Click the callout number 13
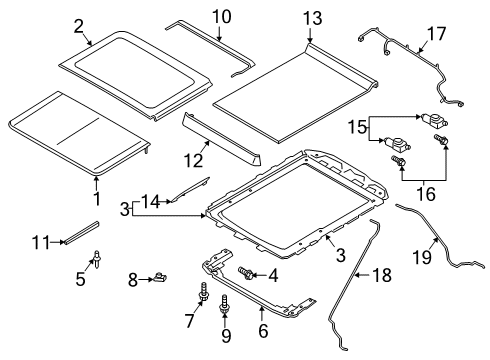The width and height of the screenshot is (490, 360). (x=314, y=18)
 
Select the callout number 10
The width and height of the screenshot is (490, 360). (x=221, y=17)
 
